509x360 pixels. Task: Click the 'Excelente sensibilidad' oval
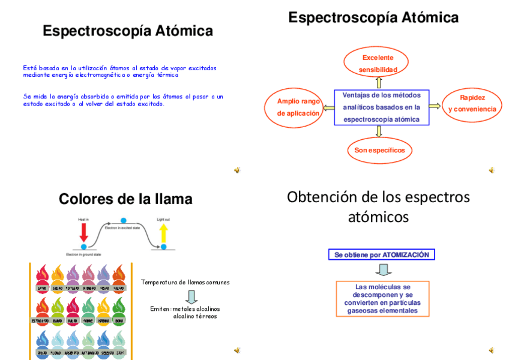pos(377,64)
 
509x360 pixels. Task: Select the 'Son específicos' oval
pos(379,150)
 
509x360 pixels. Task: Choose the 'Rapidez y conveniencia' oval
pos(472,103)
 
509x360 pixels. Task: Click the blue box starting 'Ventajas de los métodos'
pos(382,107)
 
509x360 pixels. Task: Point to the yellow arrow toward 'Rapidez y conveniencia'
pos(435,106)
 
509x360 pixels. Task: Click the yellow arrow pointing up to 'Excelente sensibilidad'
pos(379,82)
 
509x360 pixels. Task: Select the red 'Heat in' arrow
pos(83,233)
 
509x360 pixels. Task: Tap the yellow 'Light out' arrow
pos(163,233)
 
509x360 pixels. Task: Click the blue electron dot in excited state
pos(124,221)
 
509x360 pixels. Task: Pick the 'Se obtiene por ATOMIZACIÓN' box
pos(382,254)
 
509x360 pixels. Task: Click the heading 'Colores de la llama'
pos(125,199)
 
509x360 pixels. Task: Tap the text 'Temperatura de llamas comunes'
pos(185,282)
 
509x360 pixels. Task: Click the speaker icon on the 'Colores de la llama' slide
pos(237,350)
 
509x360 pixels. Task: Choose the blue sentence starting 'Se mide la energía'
pos(123,100)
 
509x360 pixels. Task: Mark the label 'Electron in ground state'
pos(83,254)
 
